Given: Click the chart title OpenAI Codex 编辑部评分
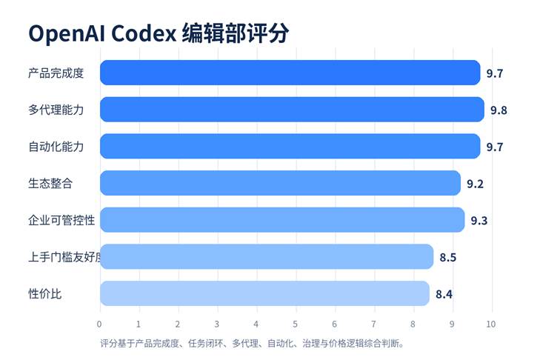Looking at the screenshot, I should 158,33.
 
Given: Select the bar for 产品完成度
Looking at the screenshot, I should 290,73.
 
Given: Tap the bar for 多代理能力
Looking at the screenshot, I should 292,110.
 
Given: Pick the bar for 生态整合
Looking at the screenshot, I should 280,183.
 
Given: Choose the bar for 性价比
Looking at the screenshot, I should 264,293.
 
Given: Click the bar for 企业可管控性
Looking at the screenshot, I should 282,220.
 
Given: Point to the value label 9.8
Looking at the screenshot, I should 498,110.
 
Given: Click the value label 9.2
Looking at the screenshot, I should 475,184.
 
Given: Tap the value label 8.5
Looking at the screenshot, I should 447,258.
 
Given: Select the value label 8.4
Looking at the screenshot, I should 444,294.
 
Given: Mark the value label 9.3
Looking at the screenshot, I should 479,221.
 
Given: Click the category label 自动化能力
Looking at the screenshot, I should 56,147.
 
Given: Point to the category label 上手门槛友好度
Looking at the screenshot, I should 62,257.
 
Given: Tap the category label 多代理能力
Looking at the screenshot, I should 56,110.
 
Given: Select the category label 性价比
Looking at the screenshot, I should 44,294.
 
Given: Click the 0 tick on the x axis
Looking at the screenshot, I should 99,324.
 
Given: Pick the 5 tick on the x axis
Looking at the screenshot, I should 295,324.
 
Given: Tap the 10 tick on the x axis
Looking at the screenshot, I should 490,324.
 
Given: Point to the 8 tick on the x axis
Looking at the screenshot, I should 413,324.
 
